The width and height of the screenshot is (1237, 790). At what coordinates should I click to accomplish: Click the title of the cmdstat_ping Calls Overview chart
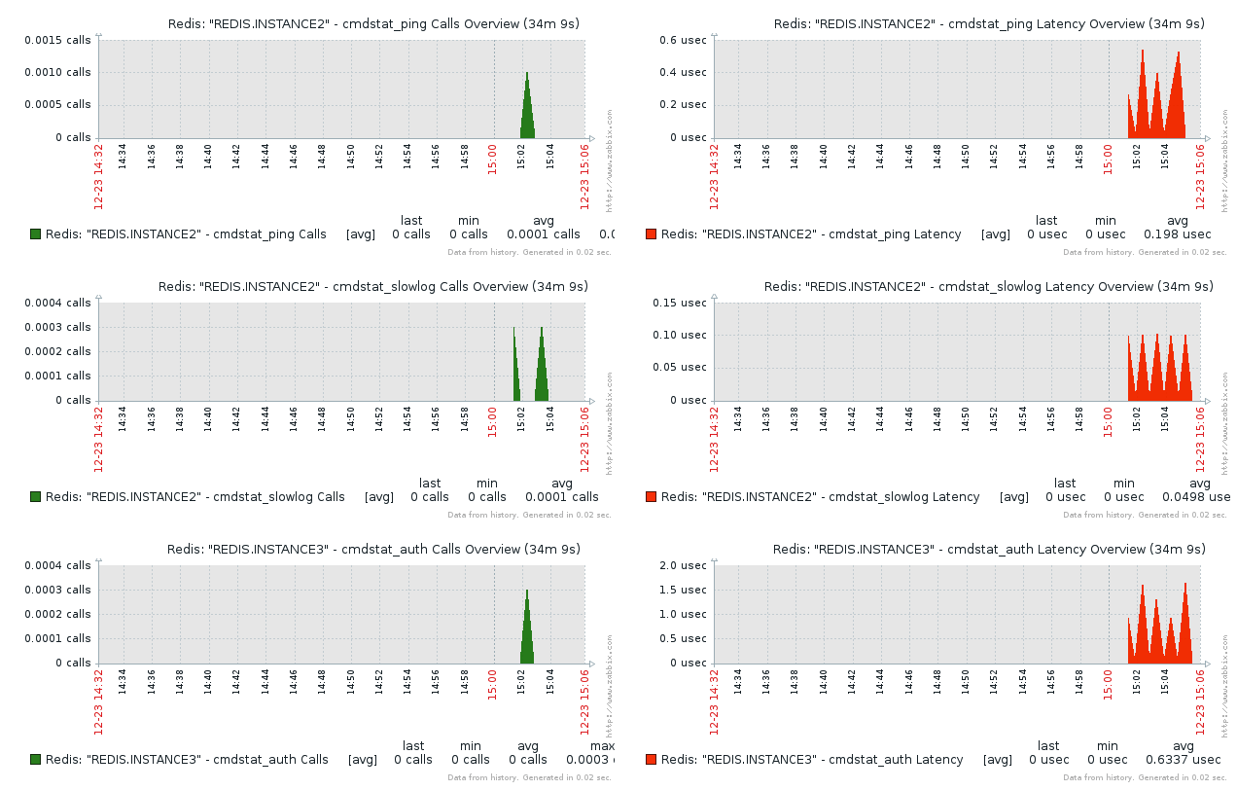373,23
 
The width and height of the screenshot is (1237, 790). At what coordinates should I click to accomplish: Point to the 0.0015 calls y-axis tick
57,40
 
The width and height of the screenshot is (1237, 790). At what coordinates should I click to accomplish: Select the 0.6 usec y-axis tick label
681,40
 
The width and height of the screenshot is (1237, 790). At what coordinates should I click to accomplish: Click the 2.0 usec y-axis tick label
681,565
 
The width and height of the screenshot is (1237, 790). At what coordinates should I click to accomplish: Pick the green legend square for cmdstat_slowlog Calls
36,496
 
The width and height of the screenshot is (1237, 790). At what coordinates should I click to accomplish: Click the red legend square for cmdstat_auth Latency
652,759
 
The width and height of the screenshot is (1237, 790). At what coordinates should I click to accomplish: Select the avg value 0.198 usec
1177,234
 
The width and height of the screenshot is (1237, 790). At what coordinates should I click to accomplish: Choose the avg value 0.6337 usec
1183,760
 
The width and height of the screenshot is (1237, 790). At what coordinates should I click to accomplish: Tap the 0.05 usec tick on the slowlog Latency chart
677,367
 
